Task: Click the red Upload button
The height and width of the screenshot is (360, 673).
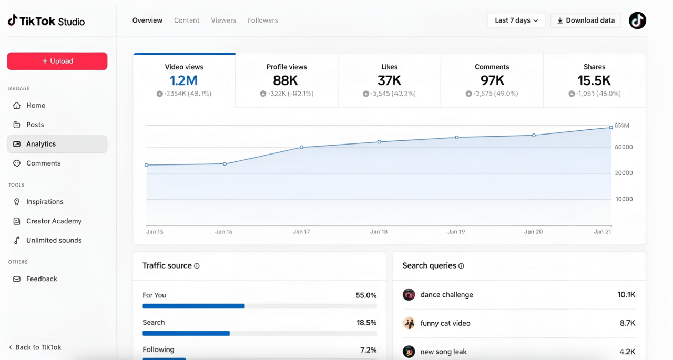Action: point(57,61)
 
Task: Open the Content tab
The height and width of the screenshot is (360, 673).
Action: point(187,20)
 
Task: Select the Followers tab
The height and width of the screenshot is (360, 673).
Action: point(262,20)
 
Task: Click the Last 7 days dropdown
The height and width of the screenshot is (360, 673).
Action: point(516,20)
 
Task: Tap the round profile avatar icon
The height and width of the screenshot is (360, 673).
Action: point(637,20)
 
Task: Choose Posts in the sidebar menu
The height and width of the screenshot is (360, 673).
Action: point(35,125)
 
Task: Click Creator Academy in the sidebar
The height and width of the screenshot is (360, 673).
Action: point(54,221)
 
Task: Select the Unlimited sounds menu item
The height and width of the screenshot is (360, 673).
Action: point(54,240)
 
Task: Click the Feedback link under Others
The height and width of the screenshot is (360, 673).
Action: point(42,279)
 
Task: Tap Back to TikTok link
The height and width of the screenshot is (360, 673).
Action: point(38,347)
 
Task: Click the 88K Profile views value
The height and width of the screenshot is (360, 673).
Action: point(285,80)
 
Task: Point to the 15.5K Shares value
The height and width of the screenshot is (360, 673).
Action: point(594,80)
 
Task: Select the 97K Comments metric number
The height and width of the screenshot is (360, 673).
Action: point(492,80)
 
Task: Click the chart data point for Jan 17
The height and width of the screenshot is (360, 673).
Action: point(301,147)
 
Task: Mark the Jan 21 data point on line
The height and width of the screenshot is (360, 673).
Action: point(611,127)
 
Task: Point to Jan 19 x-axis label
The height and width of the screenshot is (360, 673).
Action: point(456,232)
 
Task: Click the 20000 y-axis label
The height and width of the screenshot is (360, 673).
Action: point(624,173)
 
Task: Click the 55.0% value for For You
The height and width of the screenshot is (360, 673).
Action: point(366,295)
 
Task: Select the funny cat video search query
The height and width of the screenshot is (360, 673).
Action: point(445,323)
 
